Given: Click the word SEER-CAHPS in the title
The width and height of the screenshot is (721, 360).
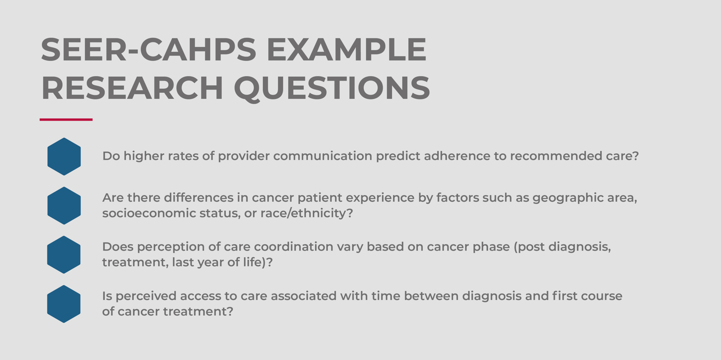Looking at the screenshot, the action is tap(149, 49).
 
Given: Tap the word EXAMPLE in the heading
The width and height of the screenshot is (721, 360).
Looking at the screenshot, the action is tap(347, 49).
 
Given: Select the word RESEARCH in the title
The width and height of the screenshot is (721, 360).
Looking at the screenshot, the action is tap(132, 88).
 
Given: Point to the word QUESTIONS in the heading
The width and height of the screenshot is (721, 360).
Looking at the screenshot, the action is tap(332, 89).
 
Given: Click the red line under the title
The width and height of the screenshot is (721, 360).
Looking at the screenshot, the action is tap(66, 119).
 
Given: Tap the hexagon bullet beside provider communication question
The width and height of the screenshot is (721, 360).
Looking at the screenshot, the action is tap(64, 157).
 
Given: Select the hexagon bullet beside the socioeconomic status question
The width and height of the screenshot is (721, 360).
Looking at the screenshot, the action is tap(64, 206).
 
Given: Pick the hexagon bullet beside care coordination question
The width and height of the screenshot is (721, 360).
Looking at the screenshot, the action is tap(64, 255).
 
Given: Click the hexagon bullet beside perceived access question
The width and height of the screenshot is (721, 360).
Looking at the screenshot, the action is tap(64, 304).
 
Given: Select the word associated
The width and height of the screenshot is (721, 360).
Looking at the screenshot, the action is tap(304, 296).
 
